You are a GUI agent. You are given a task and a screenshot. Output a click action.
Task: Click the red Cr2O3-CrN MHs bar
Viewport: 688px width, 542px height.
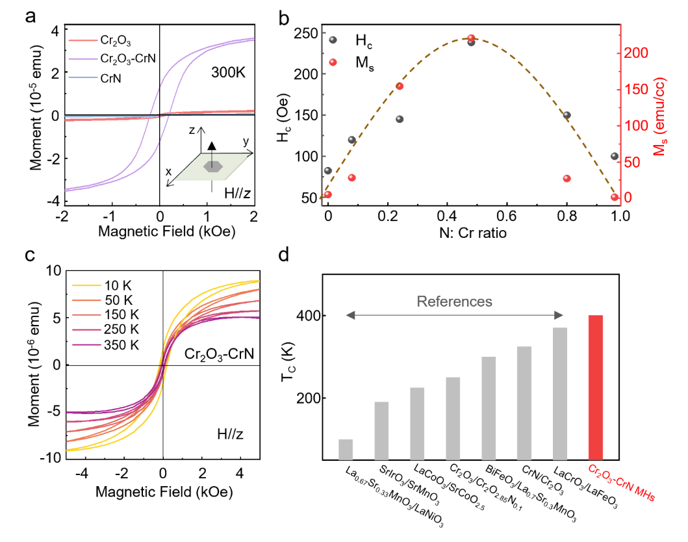(x=596, y=388)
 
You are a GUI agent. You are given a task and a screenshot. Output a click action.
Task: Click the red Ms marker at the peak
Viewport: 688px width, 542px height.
(x=472, y=38)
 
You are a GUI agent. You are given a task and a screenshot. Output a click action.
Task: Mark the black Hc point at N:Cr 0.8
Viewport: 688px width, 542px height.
(x=567, y=115)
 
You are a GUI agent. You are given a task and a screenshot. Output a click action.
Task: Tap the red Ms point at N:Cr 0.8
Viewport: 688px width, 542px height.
(x=567, y=179)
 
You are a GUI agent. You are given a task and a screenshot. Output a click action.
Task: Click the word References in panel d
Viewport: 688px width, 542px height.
(x=454, y=302)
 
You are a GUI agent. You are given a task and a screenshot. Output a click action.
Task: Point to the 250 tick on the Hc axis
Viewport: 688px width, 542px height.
(x=308, y=32)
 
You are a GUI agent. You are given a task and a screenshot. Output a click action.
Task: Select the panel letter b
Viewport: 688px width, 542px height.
(x=283, y=18)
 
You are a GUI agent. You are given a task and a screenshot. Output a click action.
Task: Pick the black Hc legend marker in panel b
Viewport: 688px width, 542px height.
(x=333, y=40)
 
